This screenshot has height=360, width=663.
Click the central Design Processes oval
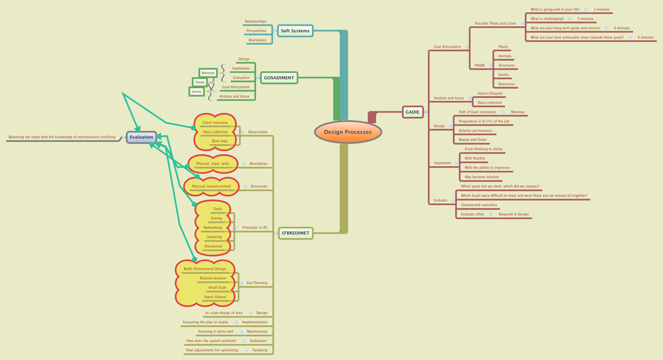pyautogui.click(x=348, y=132)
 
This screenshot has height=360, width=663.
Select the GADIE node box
pyautogui.click(x=412, y=112)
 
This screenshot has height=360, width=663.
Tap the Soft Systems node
pyautogui.click(x=295, y=31)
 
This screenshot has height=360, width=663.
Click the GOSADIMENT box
pyautogui.click(x=279, y=78)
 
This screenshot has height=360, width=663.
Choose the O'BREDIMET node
pyautogui.click(x=295, y=233)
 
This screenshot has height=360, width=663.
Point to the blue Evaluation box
pyautogui.click(x=142, y=137)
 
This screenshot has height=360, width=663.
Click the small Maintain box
pyautogui.click(x=208, y=73)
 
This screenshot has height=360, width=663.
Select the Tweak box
pyautogui.click(x=199, y=82)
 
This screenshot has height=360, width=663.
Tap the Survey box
pyautogui.click(x=196, y=92)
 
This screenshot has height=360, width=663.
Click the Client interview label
pyautogui.click(x=215, y=123)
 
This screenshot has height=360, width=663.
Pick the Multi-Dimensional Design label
pyautogui.click(x=205, y=269)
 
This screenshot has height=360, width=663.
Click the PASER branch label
pyautogui.click(x=480, y=66)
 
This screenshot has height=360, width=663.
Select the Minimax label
pyautogui.click(x=518, y=112)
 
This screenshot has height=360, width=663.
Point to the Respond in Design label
pyautogui.click(x=514, y=214)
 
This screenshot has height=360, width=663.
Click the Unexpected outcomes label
pyautogui.click(x=479, y=205)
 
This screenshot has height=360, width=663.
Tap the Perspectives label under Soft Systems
pyautogui.click(x=256, y=31)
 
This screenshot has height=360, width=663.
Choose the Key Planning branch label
pyautogui.click(x=257, y=283)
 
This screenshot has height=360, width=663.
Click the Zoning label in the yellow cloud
pyautogui.click(x=216, y=218)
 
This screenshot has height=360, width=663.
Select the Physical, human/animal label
pyautogui.click(x=211, y=186)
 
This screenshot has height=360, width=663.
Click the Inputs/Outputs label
pyautogui.click(x=490, y=94)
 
